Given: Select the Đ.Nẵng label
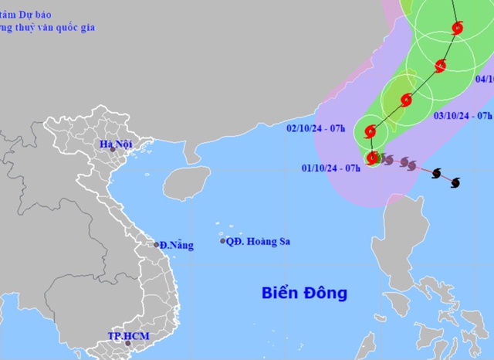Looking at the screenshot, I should (177, 246).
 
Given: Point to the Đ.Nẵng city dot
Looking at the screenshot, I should (157, 245).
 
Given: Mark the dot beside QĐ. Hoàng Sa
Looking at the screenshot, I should (223, 241).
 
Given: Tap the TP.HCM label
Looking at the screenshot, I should (128, 336).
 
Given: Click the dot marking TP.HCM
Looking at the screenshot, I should (117, 344).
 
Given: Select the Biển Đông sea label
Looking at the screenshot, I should (303, 294).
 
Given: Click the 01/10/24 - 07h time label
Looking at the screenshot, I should (333, 168).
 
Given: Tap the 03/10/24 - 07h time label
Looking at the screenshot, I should (463, 116).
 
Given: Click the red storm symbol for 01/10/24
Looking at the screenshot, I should (373, 158).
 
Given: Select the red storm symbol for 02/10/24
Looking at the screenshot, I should (370, 131).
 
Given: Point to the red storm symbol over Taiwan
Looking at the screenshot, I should (406, 99).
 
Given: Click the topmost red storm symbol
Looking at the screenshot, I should (457, 29).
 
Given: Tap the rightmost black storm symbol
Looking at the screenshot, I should (454, 182).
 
